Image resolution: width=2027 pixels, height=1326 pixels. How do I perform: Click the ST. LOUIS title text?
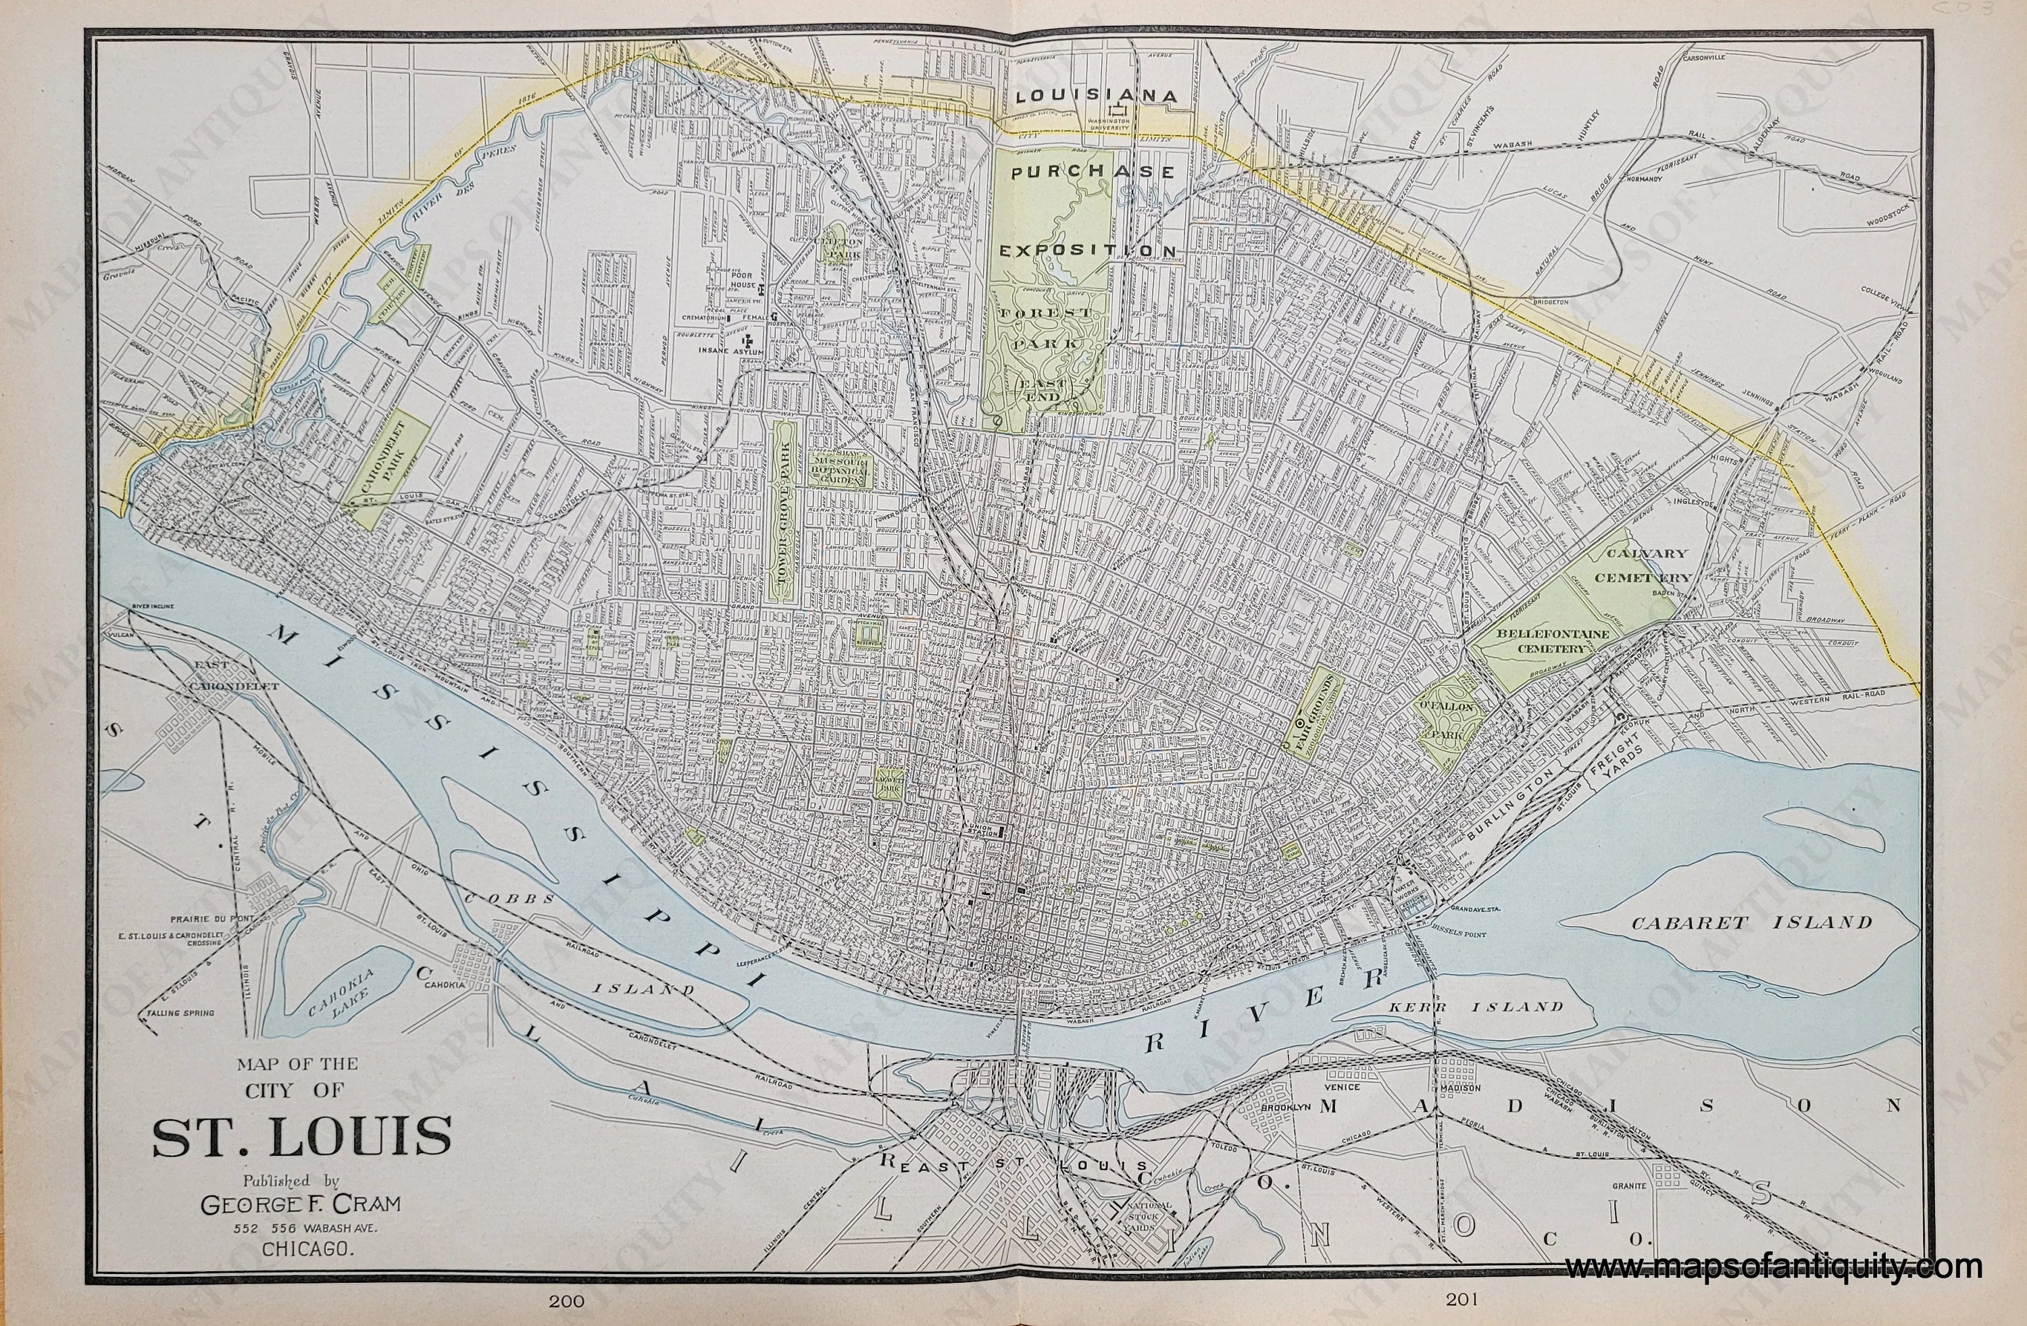tap(301, 1137)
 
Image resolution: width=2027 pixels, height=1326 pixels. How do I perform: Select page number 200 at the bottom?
tap(566, 1300)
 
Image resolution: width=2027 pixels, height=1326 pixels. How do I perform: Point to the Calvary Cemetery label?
tap(1645, 565)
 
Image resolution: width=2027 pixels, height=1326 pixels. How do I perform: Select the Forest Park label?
tap(1044, 327)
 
